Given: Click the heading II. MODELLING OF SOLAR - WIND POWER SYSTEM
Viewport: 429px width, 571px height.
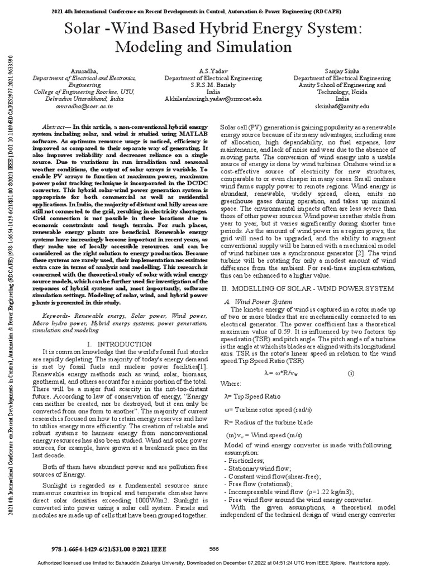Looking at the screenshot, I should tap(308, 288).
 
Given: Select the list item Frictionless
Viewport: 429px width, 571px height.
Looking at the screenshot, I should tap(244, 462).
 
